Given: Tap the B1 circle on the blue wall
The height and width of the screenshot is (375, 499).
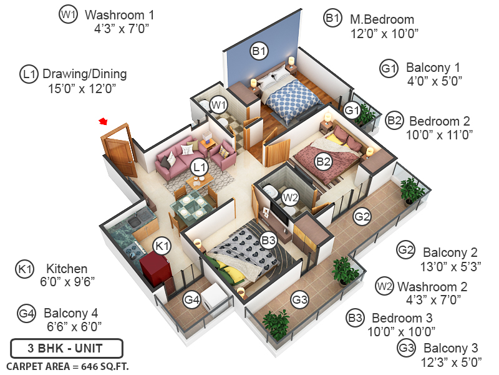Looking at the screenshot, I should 259,51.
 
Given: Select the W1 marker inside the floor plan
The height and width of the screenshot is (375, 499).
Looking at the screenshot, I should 218,105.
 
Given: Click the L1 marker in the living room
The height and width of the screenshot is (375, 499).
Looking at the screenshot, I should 199,167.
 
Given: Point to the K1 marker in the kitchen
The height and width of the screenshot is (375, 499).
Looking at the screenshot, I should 162,246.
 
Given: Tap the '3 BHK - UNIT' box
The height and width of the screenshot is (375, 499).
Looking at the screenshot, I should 66,347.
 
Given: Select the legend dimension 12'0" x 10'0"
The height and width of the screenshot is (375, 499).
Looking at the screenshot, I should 384,32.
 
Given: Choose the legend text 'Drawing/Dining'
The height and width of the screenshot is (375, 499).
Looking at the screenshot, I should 84,74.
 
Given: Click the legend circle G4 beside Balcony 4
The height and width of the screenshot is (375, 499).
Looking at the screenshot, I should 26,312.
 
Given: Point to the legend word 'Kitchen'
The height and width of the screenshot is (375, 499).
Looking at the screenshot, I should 67,269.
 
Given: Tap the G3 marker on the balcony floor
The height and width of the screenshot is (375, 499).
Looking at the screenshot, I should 300,300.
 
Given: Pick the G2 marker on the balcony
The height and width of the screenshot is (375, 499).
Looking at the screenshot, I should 362,217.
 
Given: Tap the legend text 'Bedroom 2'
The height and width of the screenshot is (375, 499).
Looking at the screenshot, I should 440,121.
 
